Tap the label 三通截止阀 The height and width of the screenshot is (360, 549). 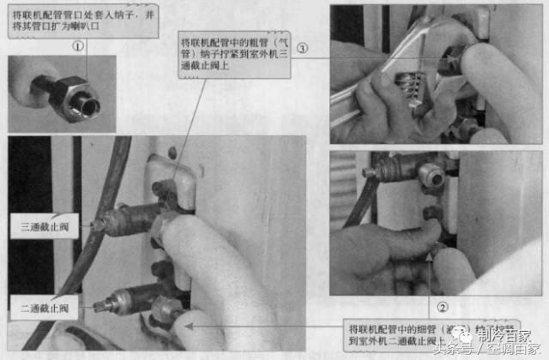pyautogui.click(x=48, y=227)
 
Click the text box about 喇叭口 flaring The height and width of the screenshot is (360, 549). pyautogui.click(x=81, y=18)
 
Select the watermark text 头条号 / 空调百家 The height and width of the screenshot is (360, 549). pyautogui.click(x=480, y=350)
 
